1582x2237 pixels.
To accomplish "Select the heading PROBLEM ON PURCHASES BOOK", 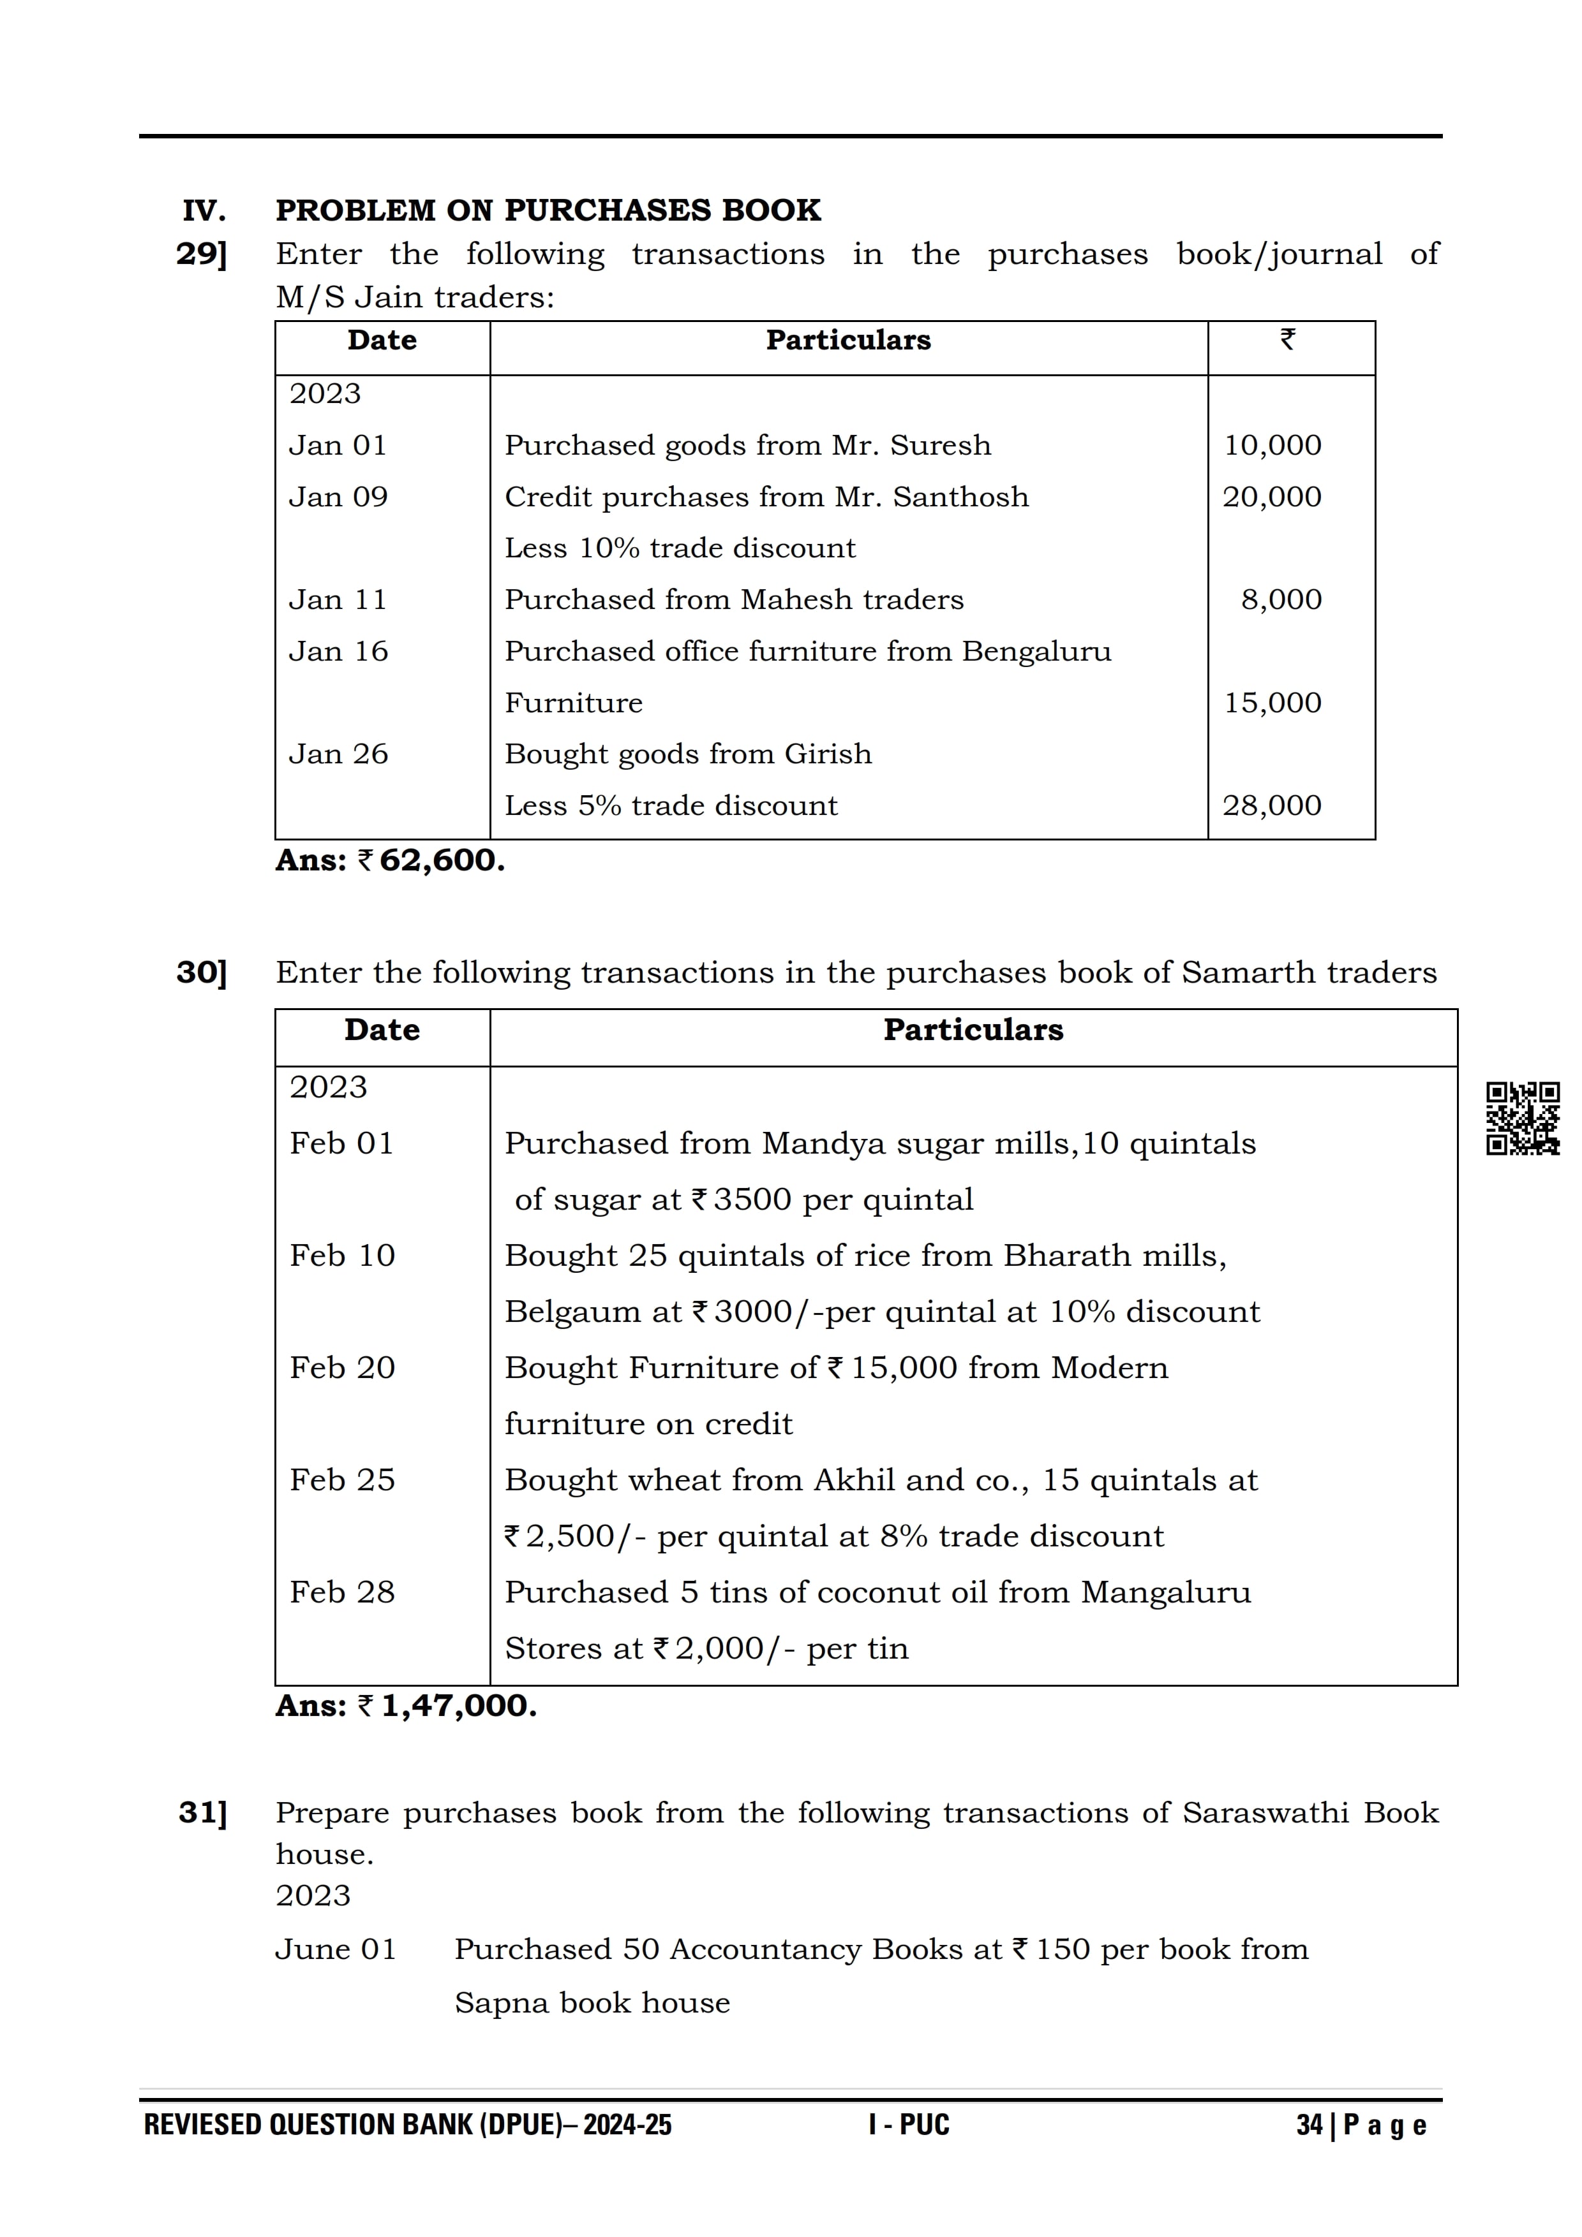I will tap(548, 210).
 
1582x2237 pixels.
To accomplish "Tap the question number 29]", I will tap(202, 254).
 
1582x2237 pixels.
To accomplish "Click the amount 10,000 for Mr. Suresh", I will tap(1272, 445).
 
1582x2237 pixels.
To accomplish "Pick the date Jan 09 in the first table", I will tap(338, 497).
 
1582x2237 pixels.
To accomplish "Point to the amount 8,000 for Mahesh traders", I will tap(1281, 599).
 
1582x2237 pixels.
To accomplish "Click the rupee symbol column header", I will tap(1288, 340).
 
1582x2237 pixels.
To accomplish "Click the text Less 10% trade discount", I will tap(680, 548).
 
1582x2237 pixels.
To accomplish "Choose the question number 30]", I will tap(202, 972).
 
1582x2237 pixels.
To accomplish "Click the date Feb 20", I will tap(342, 1368).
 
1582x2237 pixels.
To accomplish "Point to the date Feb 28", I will tap(342, 1592).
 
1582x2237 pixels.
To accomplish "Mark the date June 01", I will tap(335, 1949).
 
